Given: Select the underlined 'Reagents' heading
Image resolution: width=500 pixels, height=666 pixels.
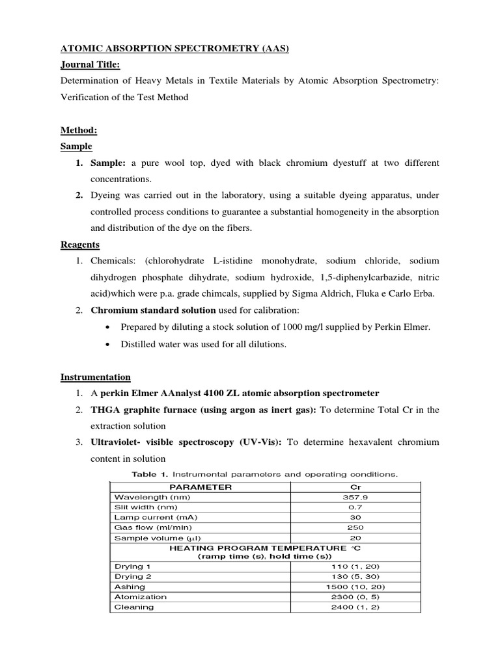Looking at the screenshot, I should pyautogui.click(x=80, y=245).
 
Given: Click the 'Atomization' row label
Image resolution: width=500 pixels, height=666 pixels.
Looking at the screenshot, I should pyautogui.click(x=140, y=596).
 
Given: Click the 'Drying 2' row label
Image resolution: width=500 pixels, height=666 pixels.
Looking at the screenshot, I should pyautogui.click(x=132, y=576).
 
